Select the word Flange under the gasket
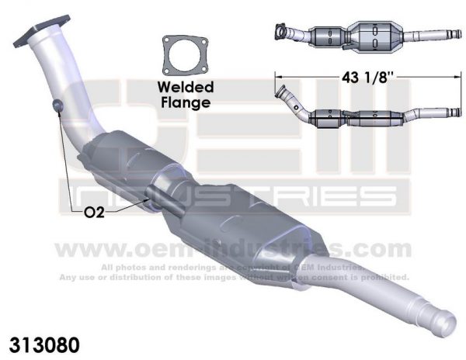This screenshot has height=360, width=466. [x=186, y=101]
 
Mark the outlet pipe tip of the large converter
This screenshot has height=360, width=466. [x=445, y=317]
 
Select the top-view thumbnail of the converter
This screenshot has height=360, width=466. [x=365, y=34]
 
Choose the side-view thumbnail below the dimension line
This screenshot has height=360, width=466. [x=365, y=112]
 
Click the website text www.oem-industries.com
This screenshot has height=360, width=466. [x=233, y=249]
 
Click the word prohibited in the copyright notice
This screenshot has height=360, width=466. [x=382, y=277]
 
